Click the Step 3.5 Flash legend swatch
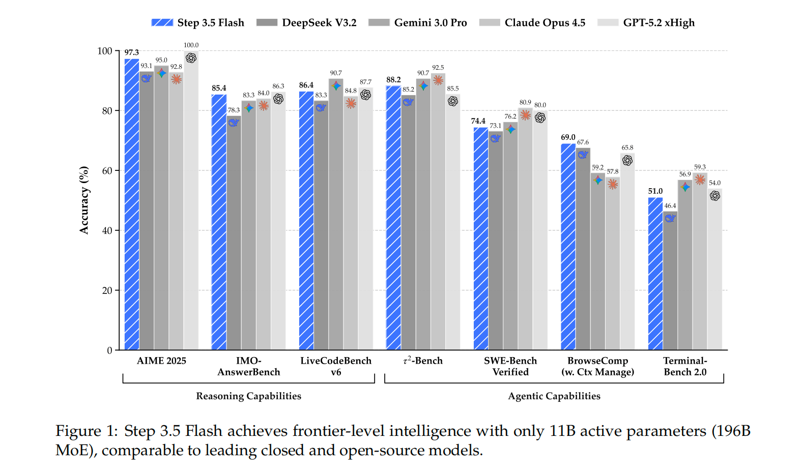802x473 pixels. coord(162,22)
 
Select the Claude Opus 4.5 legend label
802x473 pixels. coord(545,22)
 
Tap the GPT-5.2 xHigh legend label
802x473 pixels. coord(658,22)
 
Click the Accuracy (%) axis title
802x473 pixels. coord(84,200)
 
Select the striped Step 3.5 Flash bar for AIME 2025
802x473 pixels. coord(132,203)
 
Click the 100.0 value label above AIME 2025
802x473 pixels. coord(191,45)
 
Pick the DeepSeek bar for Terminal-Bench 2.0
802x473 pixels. coord(670,285)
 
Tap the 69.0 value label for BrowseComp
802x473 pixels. coord(568,137)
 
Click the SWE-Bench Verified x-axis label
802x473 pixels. coord(510,366)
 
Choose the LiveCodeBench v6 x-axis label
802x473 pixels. coord(336,366)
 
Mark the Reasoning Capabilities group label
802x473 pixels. coord(248,396)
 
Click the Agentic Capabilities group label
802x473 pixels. coord(554,396)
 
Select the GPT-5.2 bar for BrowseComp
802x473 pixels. coord(627,254)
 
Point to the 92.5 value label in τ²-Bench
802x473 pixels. coord(438,68)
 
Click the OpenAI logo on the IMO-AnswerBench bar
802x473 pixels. coord(278,99)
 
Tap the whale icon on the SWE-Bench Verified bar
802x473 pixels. coord(495,138)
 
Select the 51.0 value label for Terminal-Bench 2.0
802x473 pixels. coord(655,191)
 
